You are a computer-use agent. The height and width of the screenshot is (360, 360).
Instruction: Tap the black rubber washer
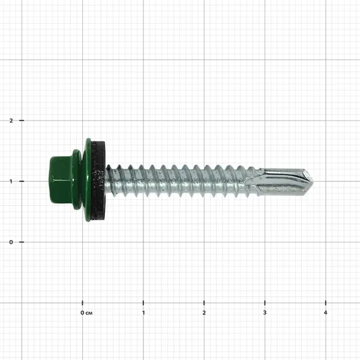(98, 180)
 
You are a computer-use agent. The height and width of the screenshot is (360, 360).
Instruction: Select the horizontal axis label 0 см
(86, 313)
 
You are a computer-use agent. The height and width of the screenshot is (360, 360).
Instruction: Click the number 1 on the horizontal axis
(143, 313)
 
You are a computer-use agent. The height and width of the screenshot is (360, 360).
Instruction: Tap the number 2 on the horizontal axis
(204, 313)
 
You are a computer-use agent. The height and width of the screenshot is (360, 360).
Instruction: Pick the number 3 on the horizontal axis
(265, 313)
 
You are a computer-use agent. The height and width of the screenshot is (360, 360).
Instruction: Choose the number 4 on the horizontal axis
(325, 313)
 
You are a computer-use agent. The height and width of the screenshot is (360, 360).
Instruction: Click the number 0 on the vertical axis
(11, 242)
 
